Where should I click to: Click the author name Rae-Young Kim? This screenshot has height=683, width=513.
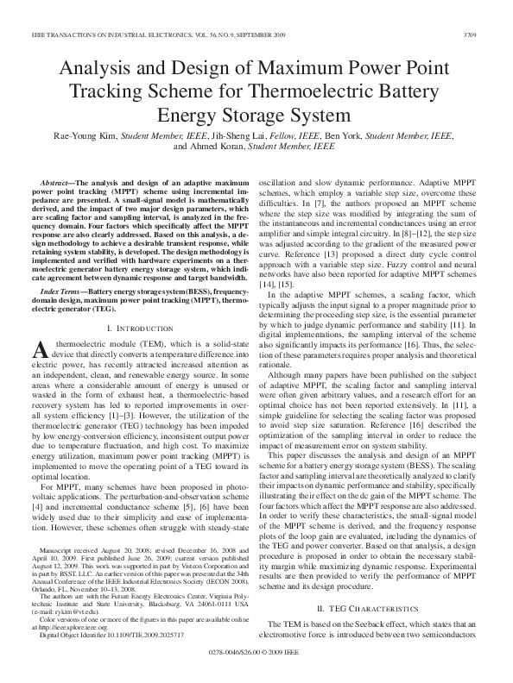point(86,135)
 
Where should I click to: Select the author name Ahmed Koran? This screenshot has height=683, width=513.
point(211,147)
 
